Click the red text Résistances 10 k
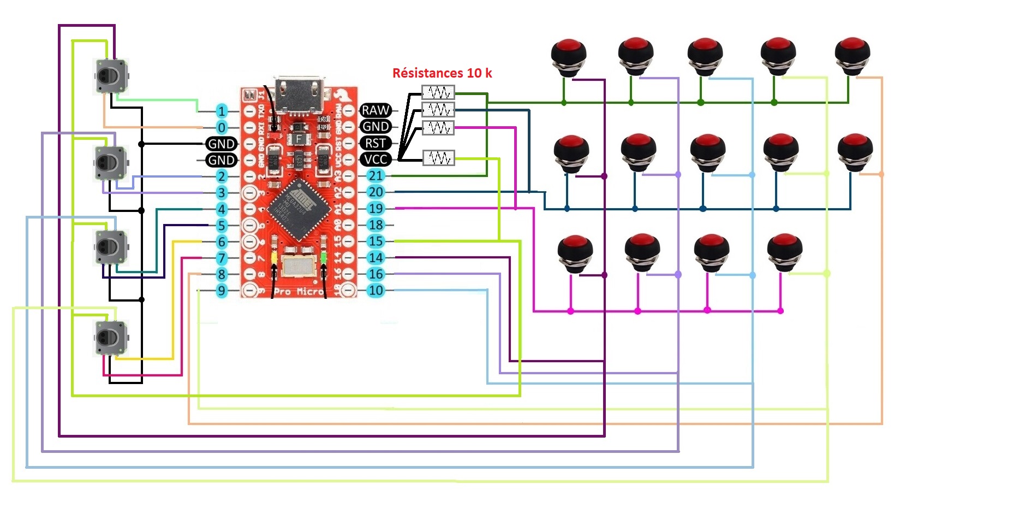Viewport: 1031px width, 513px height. coord(442,73)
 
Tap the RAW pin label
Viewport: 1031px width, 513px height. coord(376,110)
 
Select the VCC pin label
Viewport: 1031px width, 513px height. coord(376,160)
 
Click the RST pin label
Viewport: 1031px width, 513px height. coord(376,143)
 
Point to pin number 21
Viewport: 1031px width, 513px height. coord(376,176)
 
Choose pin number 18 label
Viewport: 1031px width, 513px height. coord(376,225)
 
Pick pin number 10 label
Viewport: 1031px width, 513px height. coord(376,291)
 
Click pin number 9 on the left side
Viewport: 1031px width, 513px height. coord(221,291)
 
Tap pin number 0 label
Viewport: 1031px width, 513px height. coord(221,128)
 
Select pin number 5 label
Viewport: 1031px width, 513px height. coord(221,226)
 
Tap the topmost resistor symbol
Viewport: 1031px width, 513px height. coord(438,92)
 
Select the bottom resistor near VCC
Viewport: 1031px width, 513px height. coord(438,158)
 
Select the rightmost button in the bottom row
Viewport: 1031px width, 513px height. coord(784,251)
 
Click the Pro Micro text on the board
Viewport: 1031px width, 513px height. coord(297,291)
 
